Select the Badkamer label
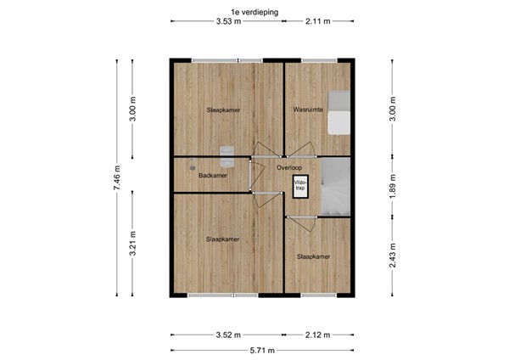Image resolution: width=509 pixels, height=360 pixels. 213,176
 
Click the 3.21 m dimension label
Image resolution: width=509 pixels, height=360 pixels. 131,243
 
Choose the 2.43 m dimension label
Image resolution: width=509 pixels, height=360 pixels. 391,254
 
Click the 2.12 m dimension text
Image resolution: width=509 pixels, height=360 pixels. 318,334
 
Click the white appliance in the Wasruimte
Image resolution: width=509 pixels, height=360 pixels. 338,111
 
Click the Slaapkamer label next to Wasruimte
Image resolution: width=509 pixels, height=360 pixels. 222,110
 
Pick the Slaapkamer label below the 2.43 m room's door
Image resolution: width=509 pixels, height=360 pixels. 312,256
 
